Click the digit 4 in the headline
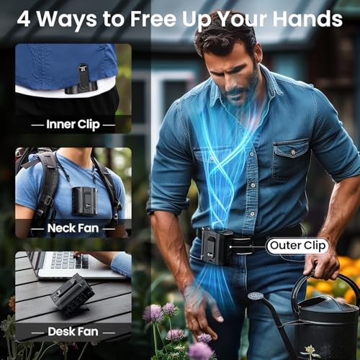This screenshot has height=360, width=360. click(24, 19)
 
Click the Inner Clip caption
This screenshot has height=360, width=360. click(73, 125)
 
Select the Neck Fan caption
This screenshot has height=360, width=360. click(73, 228)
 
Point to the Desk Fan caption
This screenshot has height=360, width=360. click(73, 331)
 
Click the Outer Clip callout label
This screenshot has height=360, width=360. click(297, 246)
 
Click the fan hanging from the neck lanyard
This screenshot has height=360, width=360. click(85, 201)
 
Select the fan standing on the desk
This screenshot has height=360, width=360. click(72, 294)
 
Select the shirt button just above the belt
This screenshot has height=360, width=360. click(252, 213)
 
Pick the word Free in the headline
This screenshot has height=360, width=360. click(153, 19)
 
